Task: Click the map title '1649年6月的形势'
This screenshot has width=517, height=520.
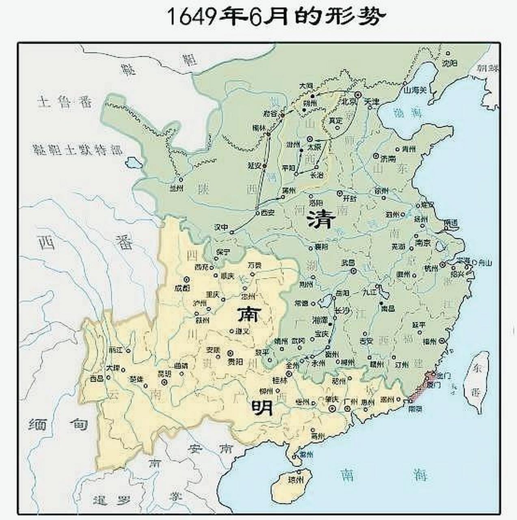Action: [275, 17]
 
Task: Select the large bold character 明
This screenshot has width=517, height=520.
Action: [262, 407]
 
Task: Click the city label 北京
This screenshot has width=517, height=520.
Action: [348, 101]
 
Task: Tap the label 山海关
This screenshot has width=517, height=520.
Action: [415, 89]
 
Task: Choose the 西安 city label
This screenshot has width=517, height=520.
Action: [268, 212]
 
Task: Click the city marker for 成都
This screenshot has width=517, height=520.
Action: [186, 279]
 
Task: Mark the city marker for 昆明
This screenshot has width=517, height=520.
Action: [164, 382]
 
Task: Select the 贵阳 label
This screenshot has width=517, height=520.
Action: [235, 361]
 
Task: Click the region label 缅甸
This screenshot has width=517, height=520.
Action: [58, 425]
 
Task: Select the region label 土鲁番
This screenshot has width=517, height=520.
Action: [65, 102]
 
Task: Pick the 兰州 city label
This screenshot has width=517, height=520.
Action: [177, 188]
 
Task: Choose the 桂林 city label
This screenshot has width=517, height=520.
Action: [280, 381]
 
